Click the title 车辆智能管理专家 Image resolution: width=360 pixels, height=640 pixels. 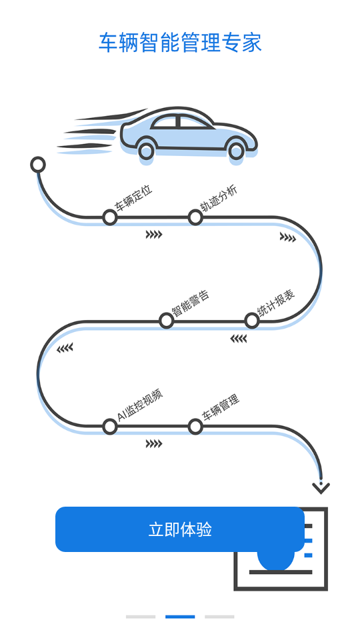point(180,43)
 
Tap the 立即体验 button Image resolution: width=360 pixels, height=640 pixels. point(180,529)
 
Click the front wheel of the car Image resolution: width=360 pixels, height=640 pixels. point(236,149)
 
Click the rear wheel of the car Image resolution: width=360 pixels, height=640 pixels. point(147,150)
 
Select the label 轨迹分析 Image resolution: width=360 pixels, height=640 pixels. point(219,198)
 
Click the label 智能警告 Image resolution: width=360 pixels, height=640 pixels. point(191,303)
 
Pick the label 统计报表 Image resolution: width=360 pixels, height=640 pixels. point(276,303)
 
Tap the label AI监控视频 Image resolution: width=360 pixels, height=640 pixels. point(140,405)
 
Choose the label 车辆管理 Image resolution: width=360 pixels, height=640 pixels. point(221,407)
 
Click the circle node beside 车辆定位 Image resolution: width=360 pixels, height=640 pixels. point(110,217)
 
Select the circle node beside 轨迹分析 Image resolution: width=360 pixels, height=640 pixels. point(195,217)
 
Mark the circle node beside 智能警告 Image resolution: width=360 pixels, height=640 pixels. point(166,321)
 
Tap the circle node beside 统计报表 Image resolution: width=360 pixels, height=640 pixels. point(252,321)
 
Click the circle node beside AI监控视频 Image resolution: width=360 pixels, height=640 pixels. point(110,427)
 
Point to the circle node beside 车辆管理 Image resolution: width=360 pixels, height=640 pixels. point(195,427)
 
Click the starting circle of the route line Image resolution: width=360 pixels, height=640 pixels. point(38,165)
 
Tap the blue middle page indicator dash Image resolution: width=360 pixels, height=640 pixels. point(180,617)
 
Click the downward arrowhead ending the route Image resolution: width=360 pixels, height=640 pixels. point(321,489)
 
